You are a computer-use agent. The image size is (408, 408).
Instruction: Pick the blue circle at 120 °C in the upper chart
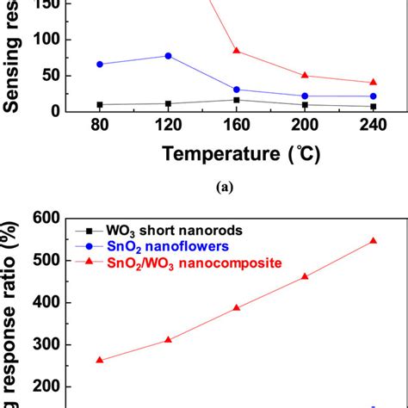(x=168, y=55)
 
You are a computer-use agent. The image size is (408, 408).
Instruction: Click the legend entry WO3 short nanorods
(x=164, y=232)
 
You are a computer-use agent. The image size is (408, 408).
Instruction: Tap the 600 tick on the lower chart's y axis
(x=48, y=219)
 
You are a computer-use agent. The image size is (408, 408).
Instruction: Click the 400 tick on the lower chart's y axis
(x=48, y=303)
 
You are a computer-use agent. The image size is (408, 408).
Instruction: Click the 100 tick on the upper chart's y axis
(x=48, y=40)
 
